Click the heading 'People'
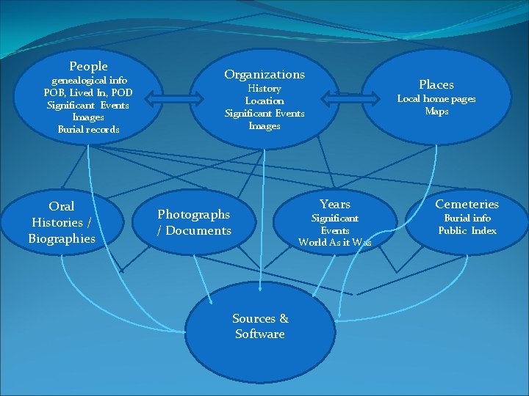[x=88, y=67]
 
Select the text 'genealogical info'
[x=88, y=80]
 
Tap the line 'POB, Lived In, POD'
[x=87, y=92]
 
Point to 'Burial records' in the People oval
[x=88, y=130]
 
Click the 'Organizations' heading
[x=264, y=74]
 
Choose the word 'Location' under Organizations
[x=264, y=101]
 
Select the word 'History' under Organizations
[x=264, y=89]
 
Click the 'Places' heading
[x=436, y=84]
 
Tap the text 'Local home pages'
[x=436, y=99]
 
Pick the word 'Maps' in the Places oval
[x=436, y=111]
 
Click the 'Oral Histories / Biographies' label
[x=62, y=222]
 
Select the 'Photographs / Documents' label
[x=194, y=222]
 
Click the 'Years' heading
[x=335, y=204]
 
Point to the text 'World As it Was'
[x=335, y=243]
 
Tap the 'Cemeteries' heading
[x=467, y=204]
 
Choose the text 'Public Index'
[x=467, y=231]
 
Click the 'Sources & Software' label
[x=260, y=326]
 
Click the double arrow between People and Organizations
[x=170, y=98]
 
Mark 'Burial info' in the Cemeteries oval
[x=467, y=219]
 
